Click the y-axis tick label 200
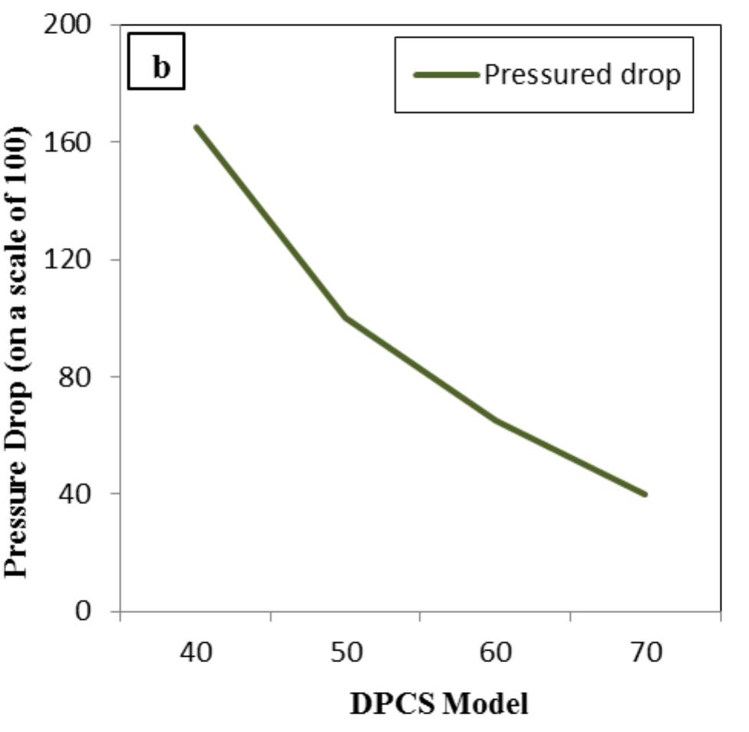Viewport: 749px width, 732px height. pos(73,25)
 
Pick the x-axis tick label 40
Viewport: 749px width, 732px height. pos(196,653)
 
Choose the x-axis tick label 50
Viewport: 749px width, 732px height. pos(345,653)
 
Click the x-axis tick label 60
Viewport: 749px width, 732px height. pos(495,653)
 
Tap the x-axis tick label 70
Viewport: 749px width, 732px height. pos(645,653)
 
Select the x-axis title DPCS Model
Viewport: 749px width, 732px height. pos(439,704)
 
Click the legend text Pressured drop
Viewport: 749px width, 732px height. pos(581,75)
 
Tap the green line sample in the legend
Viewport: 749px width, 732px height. pos(447,75)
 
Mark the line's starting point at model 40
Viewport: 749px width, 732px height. pos(196,127)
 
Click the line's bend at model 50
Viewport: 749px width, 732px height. pos(346,317)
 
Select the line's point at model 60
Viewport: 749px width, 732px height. pos(496,420)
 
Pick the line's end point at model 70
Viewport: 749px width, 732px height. pos(645,494)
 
